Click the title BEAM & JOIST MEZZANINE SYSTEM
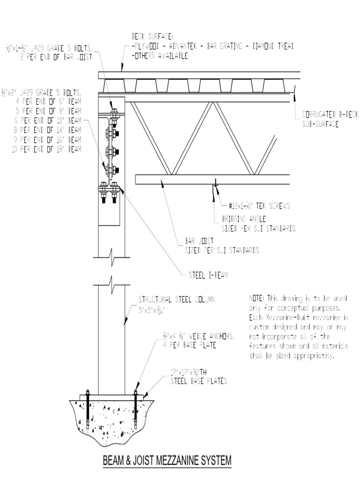coord(167,461)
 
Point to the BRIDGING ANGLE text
coord(243,219)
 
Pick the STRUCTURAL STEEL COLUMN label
coord(176,300)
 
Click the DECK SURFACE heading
coord(153,37)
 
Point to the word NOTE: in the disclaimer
coord(256,299)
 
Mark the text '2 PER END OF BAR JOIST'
coord(56,56)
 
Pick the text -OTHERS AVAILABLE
coord(160,56)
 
